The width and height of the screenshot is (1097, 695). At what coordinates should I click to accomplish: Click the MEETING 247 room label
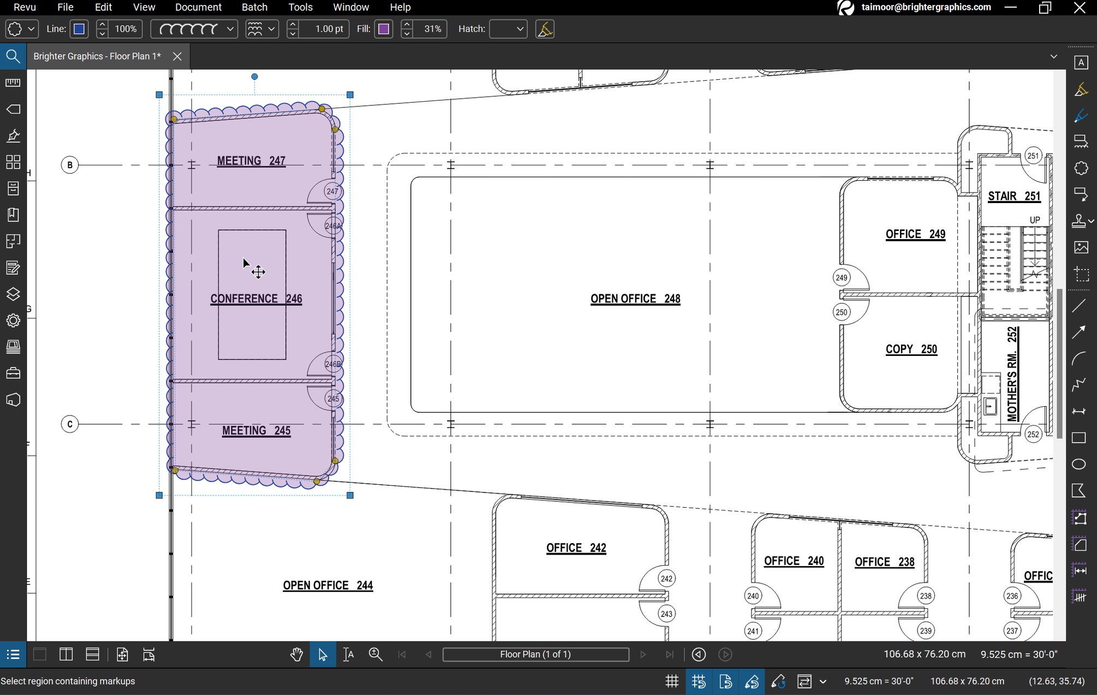(x=251, y=161)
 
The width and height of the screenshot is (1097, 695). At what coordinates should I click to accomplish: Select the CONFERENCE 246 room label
(x=256, y=299)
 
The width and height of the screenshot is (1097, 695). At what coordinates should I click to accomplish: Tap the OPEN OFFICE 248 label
(x=635, y=299)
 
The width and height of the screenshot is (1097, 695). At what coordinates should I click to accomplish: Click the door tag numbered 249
(x=842, y=277)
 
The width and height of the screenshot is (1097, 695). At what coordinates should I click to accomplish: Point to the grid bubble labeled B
(x=70, y=165)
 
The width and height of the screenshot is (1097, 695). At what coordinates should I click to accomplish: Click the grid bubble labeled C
(x=70, y=424)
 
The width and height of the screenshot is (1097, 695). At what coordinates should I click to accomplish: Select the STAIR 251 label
(x=1014, y=197)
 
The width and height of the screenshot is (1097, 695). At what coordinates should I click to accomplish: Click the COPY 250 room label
(x=911, y=349)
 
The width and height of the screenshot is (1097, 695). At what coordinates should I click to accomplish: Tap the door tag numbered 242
(x=666, y=579)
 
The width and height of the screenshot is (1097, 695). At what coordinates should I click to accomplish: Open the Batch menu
(x=254, y=7)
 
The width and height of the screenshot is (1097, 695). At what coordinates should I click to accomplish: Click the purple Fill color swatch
(x=384, y=29)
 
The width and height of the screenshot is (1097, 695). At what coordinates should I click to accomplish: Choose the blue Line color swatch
(x=79, y=29)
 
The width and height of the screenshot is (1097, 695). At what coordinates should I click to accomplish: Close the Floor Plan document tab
(x=177, y=56)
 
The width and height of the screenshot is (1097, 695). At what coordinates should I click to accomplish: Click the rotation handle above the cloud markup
(x=254, y=77)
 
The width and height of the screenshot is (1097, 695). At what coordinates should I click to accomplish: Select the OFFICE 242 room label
(x=576, y=548)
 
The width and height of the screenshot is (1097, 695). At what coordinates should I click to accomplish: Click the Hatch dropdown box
(x=508, y=29)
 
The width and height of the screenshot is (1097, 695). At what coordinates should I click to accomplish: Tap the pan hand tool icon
(x=296, y=654)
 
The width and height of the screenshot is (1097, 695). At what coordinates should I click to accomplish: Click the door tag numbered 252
(x=1033, y=435)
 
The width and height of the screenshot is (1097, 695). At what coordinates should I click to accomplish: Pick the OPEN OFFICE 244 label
(x=327, y=585)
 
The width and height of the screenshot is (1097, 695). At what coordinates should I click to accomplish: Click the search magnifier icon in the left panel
(x=13, y=56)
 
